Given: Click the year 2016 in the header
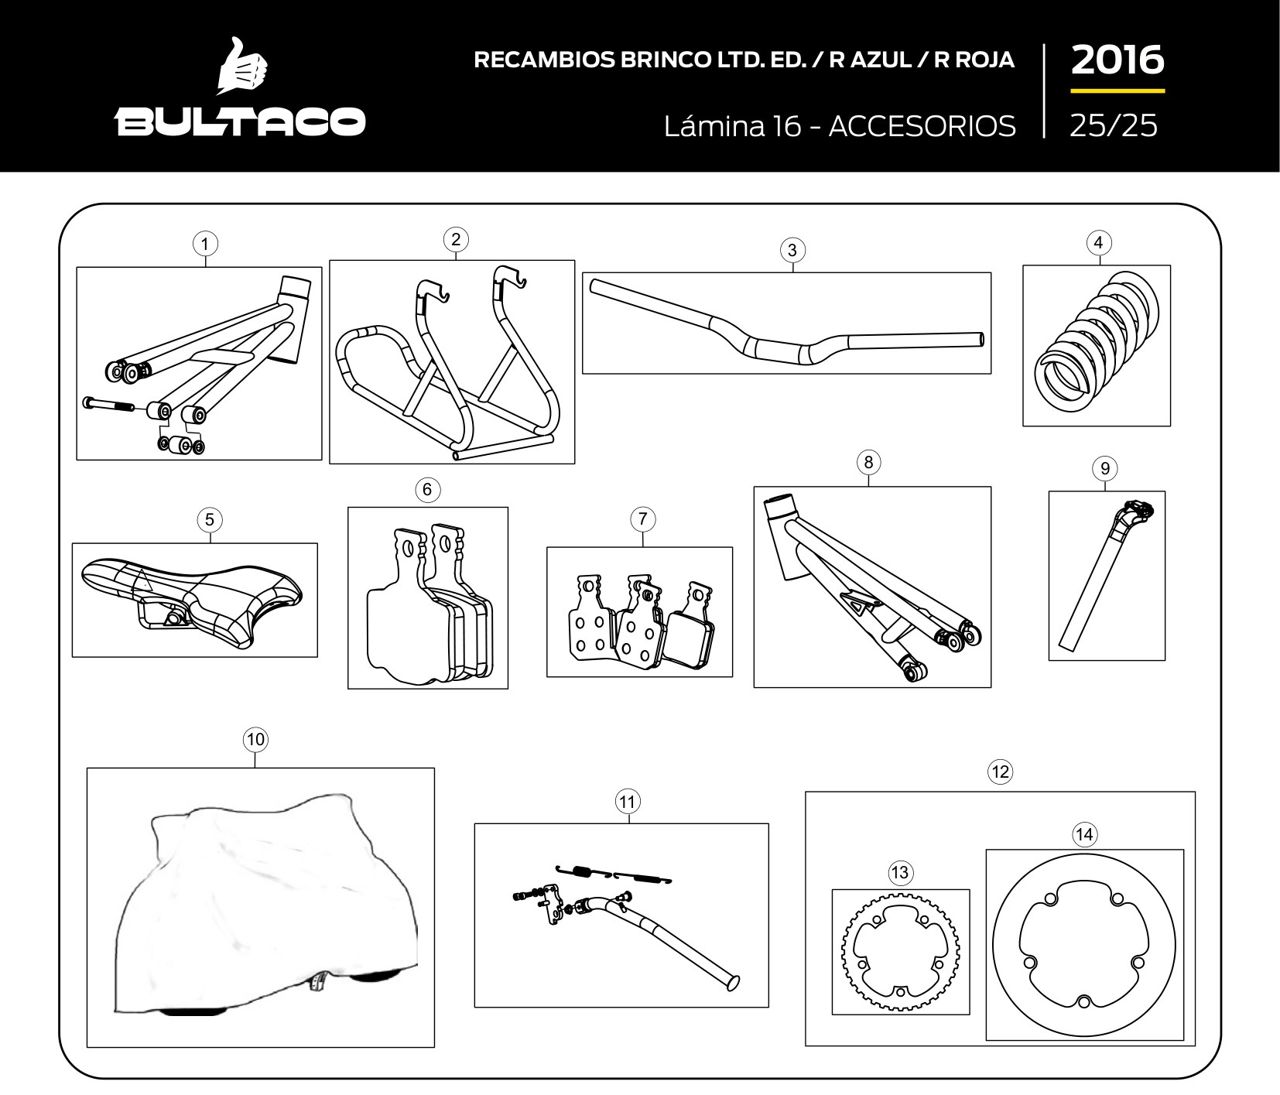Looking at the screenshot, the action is [x=1117, y=60].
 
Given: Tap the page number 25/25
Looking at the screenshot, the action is [x=1114, y=125].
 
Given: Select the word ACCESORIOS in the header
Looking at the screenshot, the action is [x=922, y=125].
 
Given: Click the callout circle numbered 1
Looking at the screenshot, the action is [x=205, y=245].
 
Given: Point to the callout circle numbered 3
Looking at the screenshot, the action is [x=792, y=250].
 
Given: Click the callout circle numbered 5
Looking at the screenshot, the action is [x=210, y=520].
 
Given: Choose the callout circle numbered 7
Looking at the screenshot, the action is [x=643, y=519].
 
